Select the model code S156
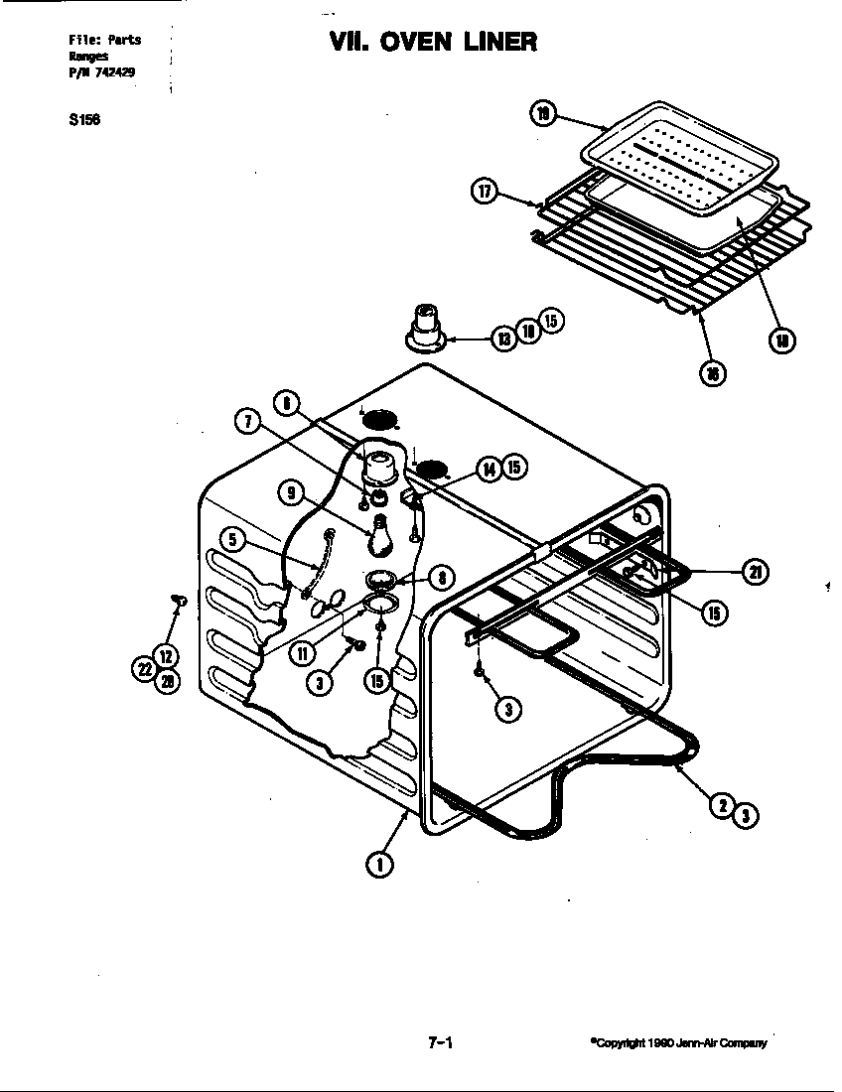84,120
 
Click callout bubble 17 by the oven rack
484,193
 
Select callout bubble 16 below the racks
713,372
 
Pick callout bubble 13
503,339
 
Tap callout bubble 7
246,422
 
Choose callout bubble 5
231,540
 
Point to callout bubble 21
754,573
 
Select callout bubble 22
146,671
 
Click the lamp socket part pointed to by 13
426,326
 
